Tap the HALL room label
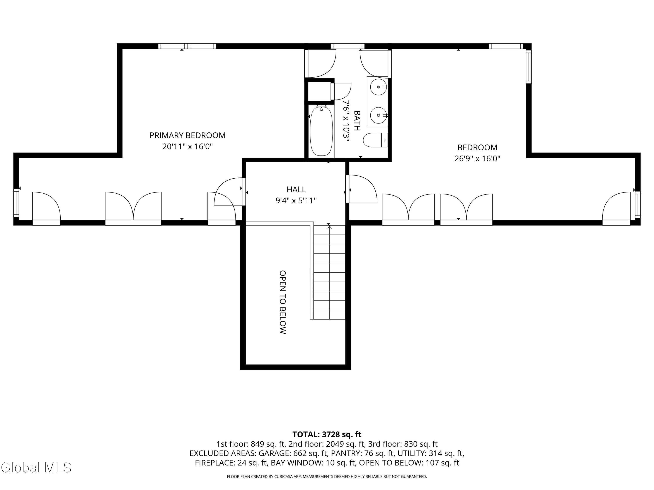pos(296,189)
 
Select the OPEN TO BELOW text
pos(283,302)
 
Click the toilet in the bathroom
pos(375,140)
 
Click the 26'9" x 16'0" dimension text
pos(477,159)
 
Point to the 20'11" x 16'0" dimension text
pos(187,147)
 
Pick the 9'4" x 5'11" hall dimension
pos(296,201)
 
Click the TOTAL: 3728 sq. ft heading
pos(327,434)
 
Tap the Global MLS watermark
pos(36,468)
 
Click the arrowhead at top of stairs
pos(329,227)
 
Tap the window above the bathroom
pos(347,46)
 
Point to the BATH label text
pos(357,120)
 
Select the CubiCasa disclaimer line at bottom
pos(327,476)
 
